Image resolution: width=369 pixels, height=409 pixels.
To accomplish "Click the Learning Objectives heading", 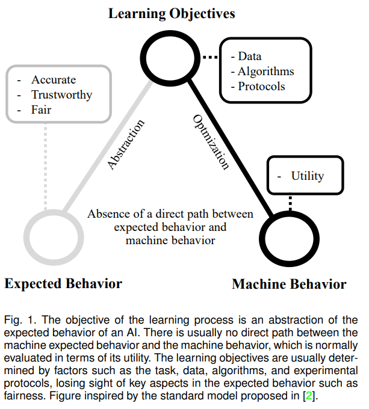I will point(172,13).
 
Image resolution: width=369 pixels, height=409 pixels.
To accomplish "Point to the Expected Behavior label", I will point(63,283).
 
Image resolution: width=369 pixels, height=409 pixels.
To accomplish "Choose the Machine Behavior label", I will point(289,284).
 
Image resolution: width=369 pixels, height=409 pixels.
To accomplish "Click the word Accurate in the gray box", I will point(54,80).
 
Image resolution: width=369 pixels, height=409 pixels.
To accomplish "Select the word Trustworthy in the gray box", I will point(62,95).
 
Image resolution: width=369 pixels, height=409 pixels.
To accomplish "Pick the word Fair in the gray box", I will point(42,110).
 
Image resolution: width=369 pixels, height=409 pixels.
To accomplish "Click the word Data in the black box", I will point(250,56).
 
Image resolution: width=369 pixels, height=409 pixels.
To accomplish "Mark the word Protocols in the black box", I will point(261,86).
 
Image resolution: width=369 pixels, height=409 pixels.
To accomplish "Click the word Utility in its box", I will point(308,176).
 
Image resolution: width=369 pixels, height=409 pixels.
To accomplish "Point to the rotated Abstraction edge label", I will point(125,144).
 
